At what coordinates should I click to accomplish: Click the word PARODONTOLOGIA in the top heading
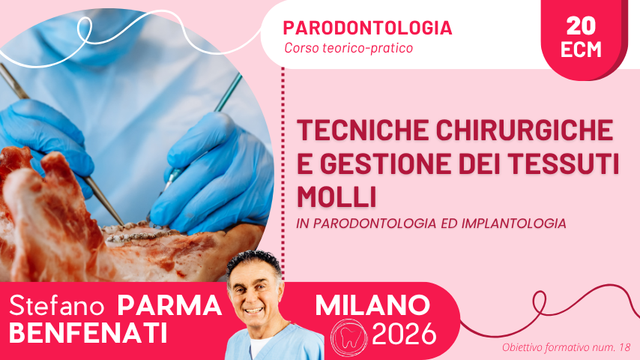tap(367, 28)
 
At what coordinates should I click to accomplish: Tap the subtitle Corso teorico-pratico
tap(348, 48)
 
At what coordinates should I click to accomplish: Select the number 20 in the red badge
tap(581, 25)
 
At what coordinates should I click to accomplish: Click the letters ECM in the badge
tap(581, 49)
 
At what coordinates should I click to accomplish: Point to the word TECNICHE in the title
tap(363, 130)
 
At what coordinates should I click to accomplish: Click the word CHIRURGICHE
tap(525, 130)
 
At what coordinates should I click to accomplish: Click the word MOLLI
tap(336, 197)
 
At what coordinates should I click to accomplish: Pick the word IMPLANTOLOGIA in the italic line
tap(514, 223)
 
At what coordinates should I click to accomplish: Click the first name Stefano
tap(57, 306)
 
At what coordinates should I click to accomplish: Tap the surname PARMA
tap(169, 306)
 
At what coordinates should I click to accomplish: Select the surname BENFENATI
tap(88, 333)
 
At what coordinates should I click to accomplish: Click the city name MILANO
tap(372, 305)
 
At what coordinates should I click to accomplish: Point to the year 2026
tap(404, 334)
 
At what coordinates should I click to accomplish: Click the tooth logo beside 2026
tap(348, 337)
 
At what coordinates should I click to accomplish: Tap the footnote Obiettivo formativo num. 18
tap(566, 347)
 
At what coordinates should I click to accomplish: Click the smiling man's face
tap(254, 293)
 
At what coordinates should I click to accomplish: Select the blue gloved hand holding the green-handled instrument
tap(212, 172)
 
